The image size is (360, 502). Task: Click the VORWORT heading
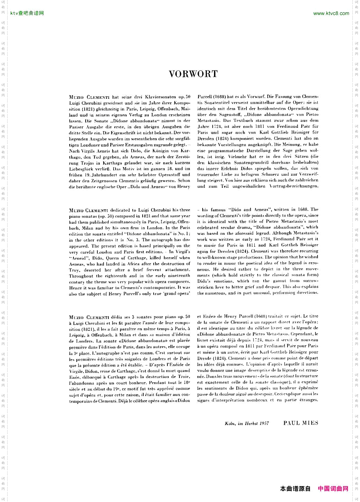coord(193,74)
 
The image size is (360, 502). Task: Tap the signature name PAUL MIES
coord(301,423)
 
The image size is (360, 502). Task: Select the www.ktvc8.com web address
coord(331,13)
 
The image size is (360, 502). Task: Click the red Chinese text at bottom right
coord(333,489)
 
